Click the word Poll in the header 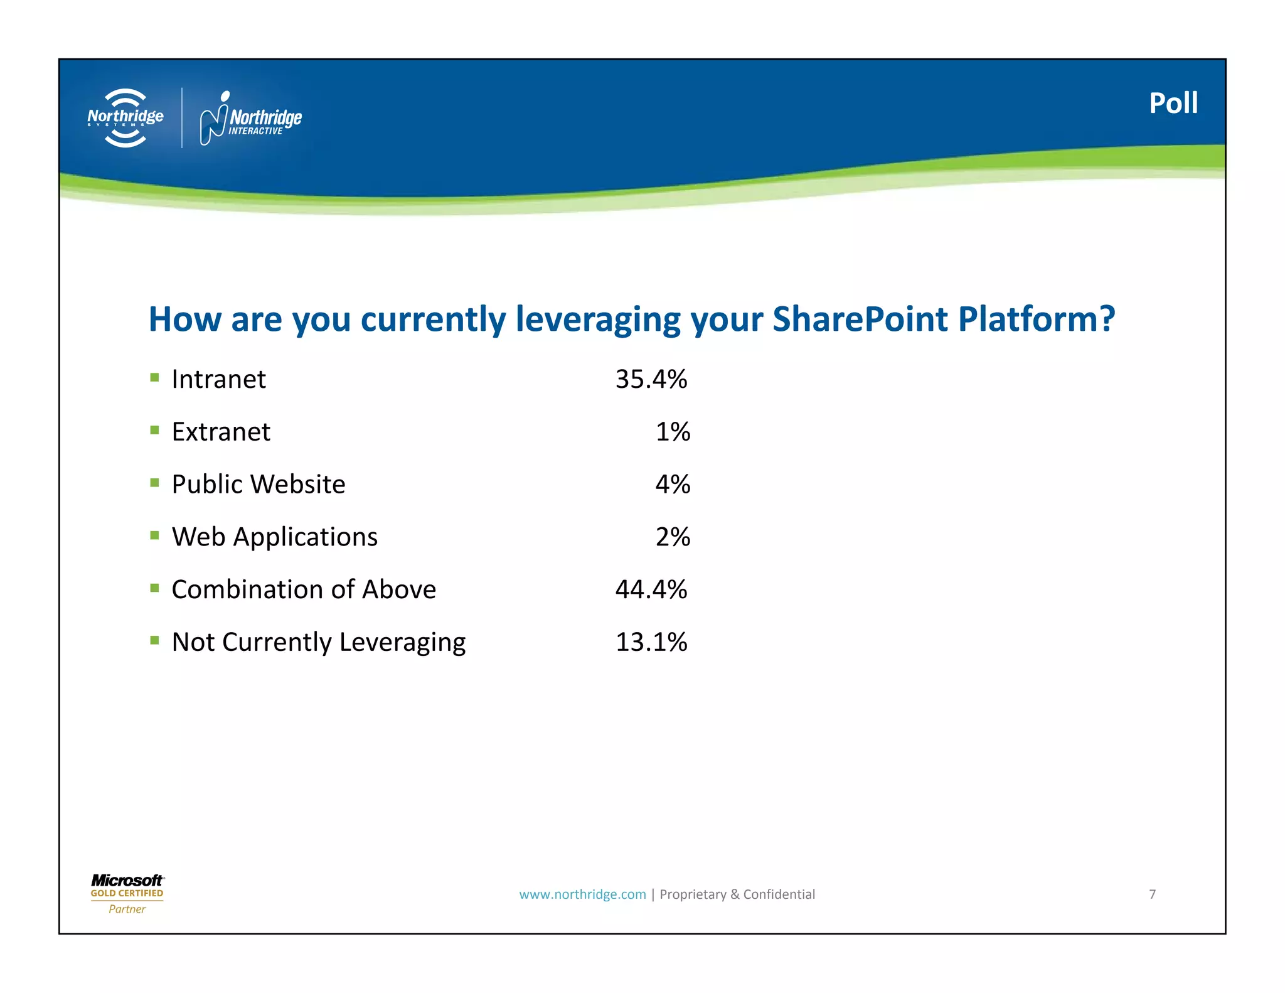click(1173, 104)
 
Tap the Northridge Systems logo click(125, 118)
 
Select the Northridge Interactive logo click(250, 118)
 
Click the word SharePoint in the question click(860, 319)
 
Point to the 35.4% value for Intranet click(651, 379)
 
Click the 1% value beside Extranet click(673, 432)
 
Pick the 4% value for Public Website click(673, 485)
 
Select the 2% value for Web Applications click(673, 537)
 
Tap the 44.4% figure click(651, 589)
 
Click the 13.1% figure click(651, 642)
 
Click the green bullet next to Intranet click(154, 377)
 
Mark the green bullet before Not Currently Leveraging click(154, 640)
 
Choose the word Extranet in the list click(221, 432)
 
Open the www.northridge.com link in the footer click(582, 894)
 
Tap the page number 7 click(1152, 894)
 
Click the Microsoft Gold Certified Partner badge click(127, 894)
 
